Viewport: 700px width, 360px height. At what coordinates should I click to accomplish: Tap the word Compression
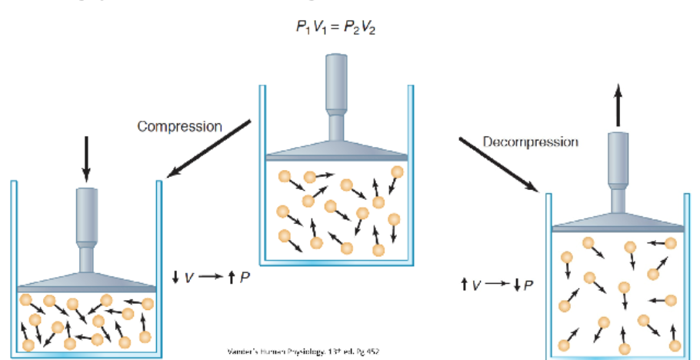click(x=179, y=126)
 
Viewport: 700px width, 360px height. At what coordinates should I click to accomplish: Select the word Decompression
click(x=530, y=142)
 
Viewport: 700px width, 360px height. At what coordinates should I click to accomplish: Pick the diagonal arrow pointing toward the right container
click(x=500, y=163)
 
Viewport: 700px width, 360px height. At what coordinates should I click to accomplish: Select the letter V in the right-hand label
click(x=476, y=286)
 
